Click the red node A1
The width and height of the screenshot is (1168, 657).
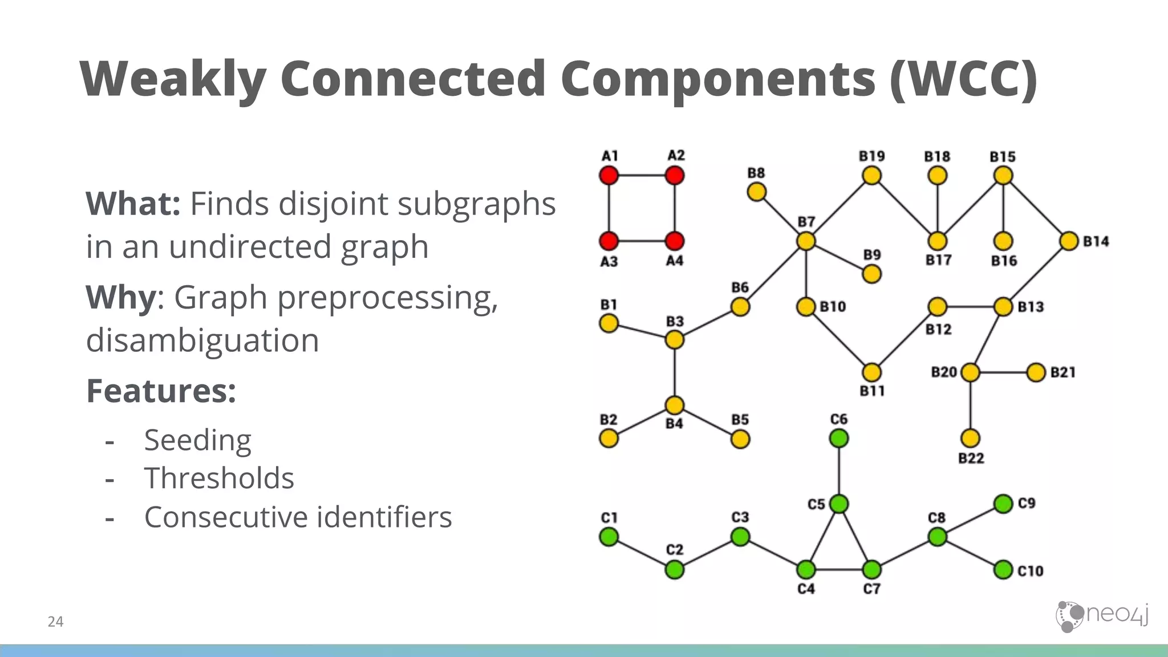coord(609,175)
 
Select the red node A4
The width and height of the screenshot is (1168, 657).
coord(675,241)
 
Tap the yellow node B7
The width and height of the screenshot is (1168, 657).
coord(806,241)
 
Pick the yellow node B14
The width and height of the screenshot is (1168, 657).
coord(1069,241)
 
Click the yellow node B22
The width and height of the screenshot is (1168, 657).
coord(970,438)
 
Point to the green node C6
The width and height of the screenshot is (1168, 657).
coord(839,438)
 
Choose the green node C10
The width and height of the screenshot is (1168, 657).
coord(1003,569)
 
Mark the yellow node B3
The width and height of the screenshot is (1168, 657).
coord(675,340)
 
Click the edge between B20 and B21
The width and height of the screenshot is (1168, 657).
coord(1003,372)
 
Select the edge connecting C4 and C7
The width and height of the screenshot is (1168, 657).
coord(839,569)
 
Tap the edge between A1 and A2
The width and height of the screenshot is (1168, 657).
coord(642,175)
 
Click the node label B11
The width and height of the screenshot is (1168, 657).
coord(872,391)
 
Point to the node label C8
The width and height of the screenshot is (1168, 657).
coord(936,518)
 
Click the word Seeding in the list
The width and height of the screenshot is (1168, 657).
coord(197,440)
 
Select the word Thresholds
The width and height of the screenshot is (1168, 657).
coord(219,478)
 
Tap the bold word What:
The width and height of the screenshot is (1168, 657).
coord(133,204)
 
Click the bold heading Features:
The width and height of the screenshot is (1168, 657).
coord(161,391)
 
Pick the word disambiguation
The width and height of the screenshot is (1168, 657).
coord(202,340)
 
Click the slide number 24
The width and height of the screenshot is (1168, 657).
coord(55,622)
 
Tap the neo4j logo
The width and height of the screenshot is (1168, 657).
coord(1102,616)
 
